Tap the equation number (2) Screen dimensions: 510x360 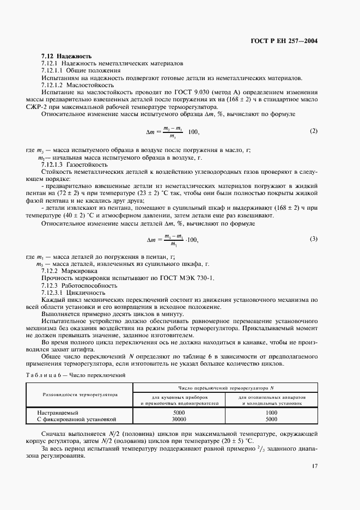click(x=313, y=131)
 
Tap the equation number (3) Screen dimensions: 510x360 click(x=313, y=224)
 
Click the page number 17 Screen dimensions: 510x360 click(x=315, y=466)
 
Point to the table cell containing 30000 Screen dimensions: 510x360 click(x=179, y=420)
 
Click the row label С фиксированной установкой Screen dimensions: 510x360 click(x=77, y=420)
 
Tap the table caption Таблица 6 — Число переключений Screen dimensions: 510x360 click(x=76, y=375)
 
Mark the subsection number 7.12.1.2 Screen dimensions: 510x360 click(x=52, y=85)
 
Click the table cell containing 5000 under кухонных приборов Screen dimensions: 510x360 click(x=179, y=413)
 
